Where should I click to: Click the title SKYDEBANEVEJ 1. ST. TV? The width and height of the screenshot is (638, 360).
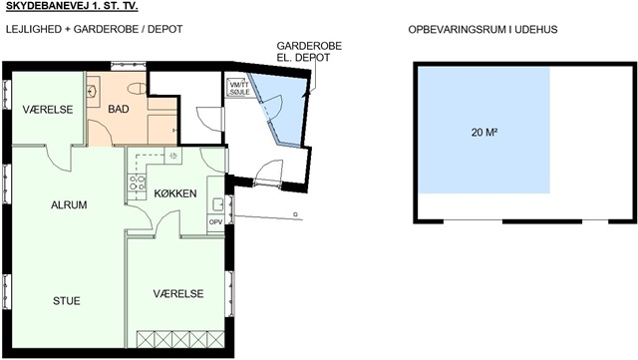(72, 7)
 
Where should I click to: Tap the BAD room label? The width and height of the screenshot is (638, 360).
(119, 109)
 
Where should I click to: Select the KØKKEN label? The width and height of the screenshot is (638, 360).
(175, 193)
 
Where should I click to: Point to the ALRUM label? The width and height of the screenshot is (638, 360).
(69, 204)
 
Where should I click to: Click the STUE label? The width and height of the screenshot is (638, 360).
(67, 301)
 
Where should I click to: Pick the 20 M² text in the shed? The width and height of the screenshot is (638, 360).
(484, 133)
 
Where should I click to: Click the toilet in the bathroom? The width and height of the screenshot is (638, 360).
(137, 88)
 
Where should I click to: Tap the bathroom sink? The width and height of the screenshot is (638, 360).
(92, 91)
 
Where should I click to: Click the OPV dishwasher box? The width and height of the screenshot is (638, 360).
(215, 222)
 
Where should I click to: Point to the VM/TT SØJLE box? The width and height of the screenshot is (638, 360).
(239, 89)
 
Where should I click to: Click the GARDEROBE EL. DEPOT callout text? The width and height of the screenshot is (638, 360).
(309, 52)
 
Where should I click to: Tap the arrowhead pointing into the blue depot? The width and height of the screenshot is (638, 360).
(306, 93)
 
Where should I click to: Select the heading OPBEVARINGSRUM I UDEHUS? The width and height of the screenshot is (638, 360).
(482, 30)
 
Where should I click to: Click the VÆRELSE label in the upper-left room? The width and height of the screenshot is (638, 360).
(48, 110)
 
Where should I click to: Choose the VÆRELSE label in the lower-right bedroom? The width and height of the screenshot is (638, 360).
(178, 293)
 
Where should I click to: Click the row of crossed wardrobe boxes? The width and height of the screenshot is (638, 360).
(180, 340)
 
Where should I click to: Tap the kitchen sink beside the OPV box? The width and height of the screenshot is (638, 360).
(217, 204)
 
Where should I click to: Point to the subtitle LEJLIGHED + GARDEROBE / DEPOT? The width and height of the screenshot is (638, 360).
(94, 29)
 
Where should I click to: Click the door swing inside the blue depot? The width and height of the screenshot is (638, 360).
(273, 107)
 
